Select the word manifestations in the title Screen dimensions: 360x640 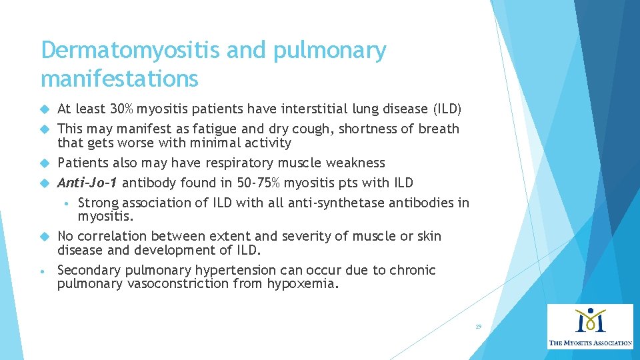click(x=119, y=79)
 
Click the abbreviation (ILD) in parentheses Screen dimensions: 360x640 click(x=447, y=109)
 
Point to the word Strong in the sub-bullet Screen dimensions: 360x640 click(x=98, y=203)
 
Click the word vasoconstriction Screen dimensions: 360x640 click(x=172, y=284)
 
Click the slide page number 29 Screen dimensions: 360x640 click(x=478, y=327)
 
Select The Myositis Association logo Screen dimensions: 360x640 click(x=590, y=327)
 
